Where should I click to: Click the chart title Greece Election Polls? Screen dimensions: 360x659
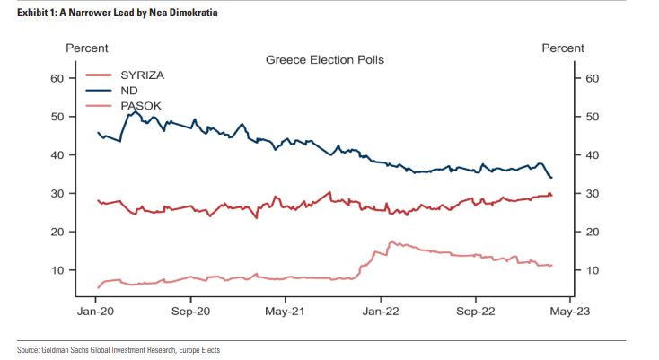[x=324, y=60]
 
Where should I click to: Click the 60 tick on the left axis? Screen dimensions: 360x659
[x=57, y=79]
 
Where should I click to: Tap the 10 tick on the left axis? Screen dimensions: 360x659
[x=57, y=270]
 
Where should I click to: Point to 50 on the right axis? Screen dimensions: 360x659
[x=591, y=117]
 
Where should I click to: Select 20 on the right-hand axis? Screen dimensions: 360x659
[x=591, y=232]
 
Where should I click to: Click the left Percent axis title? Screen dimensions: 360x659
[x=87, y=48]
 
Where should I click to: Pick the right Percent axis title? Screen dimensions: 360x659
[x=563, y=48]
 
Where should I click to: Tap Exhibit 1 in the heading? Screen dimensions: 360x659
[x=36, y=13]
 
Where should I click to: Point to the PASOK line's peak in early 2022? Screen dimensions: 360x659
[x=391, y=241]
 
